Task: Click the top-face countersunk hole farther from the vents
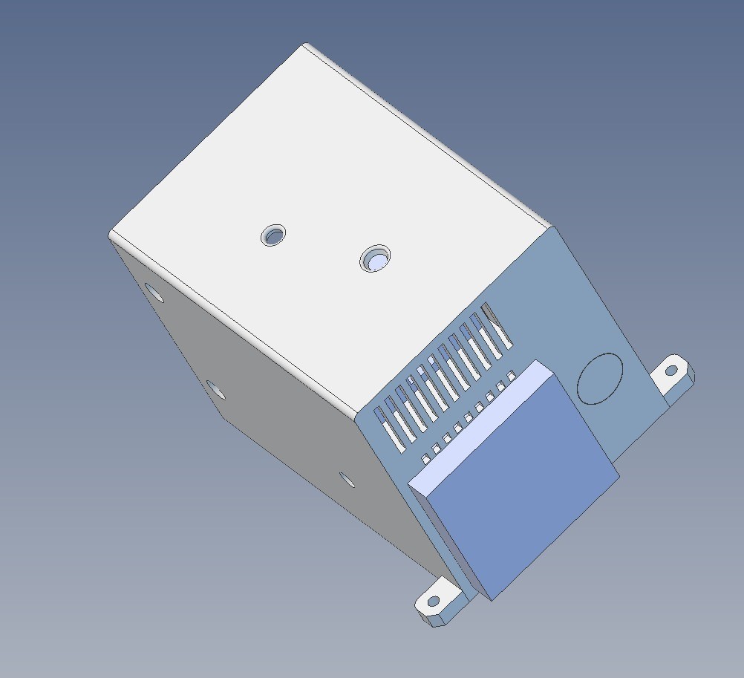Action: tap(274, 236)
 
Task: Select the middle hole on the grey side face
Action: tap(215, 388)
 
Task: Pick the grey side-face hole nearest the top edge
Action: tap(154, 293)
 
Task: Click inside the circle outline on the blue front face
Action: tap(600, 378)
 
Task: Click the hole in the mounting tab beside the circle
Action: tap(671, 369)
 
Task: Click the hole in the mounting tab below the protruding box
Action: tap(432, 601)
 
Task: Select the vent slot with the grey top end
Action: tap(496, 325)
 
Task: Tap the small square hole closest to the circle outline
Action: tap(512, 374)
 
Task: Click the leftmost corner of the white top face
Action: tap(110, 234)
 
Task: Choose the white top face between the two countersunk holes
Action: tap(325, 248)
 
